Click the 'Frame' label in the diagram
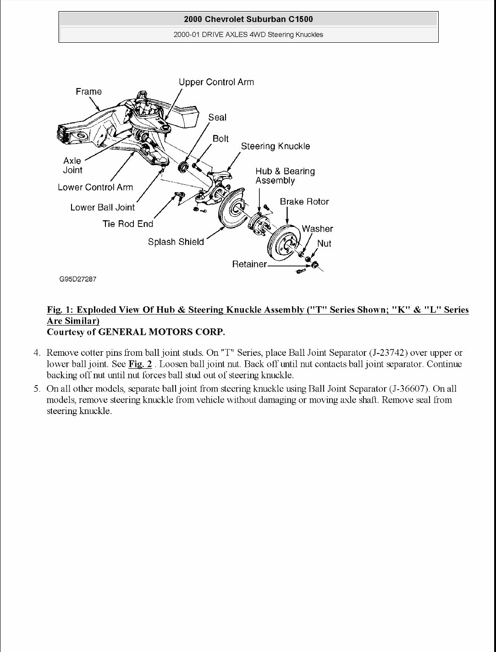tap(88, 92)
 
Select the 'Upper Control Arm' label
tap(216, 82)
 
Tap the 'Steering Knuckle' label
tap(275, 146)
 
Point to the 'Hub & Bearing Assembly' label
tap(285, 176)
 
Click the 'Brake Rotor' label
tap(304, 201)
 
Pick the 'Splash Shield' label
tap(176, 242)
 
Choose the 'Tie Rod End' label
tap(127, 224)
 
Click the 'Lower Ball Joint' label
tap(102, 207)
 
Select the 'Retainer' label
tap(249, 265)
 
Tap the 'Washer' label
tap(317, 229)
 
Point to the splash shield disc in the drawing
tap(231, 212)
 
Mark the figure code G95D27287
tap(77, 279)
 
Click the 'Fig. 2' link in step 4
tap(140, 364)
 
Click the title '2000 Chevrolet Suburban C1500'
tap(248, 19)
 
